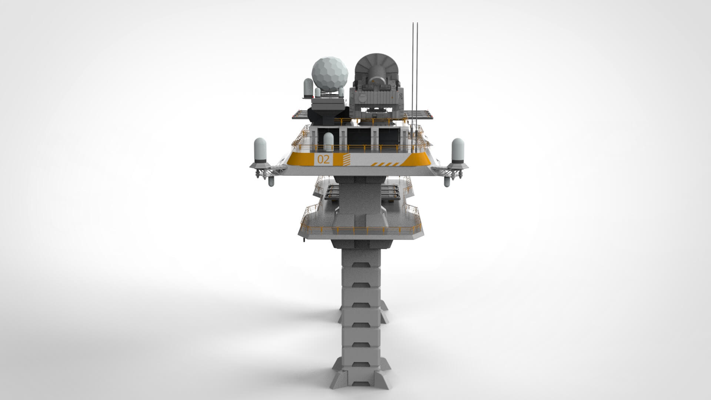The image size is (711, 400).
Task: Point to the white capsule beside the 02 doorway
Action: click(x=328, y=143)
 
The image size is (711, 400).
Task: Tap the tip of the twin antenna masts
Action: click(x=415, y=25)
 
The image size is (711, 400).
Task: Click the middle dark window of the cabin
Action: click(x=359, y=138)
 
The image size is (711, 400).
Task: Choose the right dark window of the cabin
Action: click(x=389, y=138)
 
